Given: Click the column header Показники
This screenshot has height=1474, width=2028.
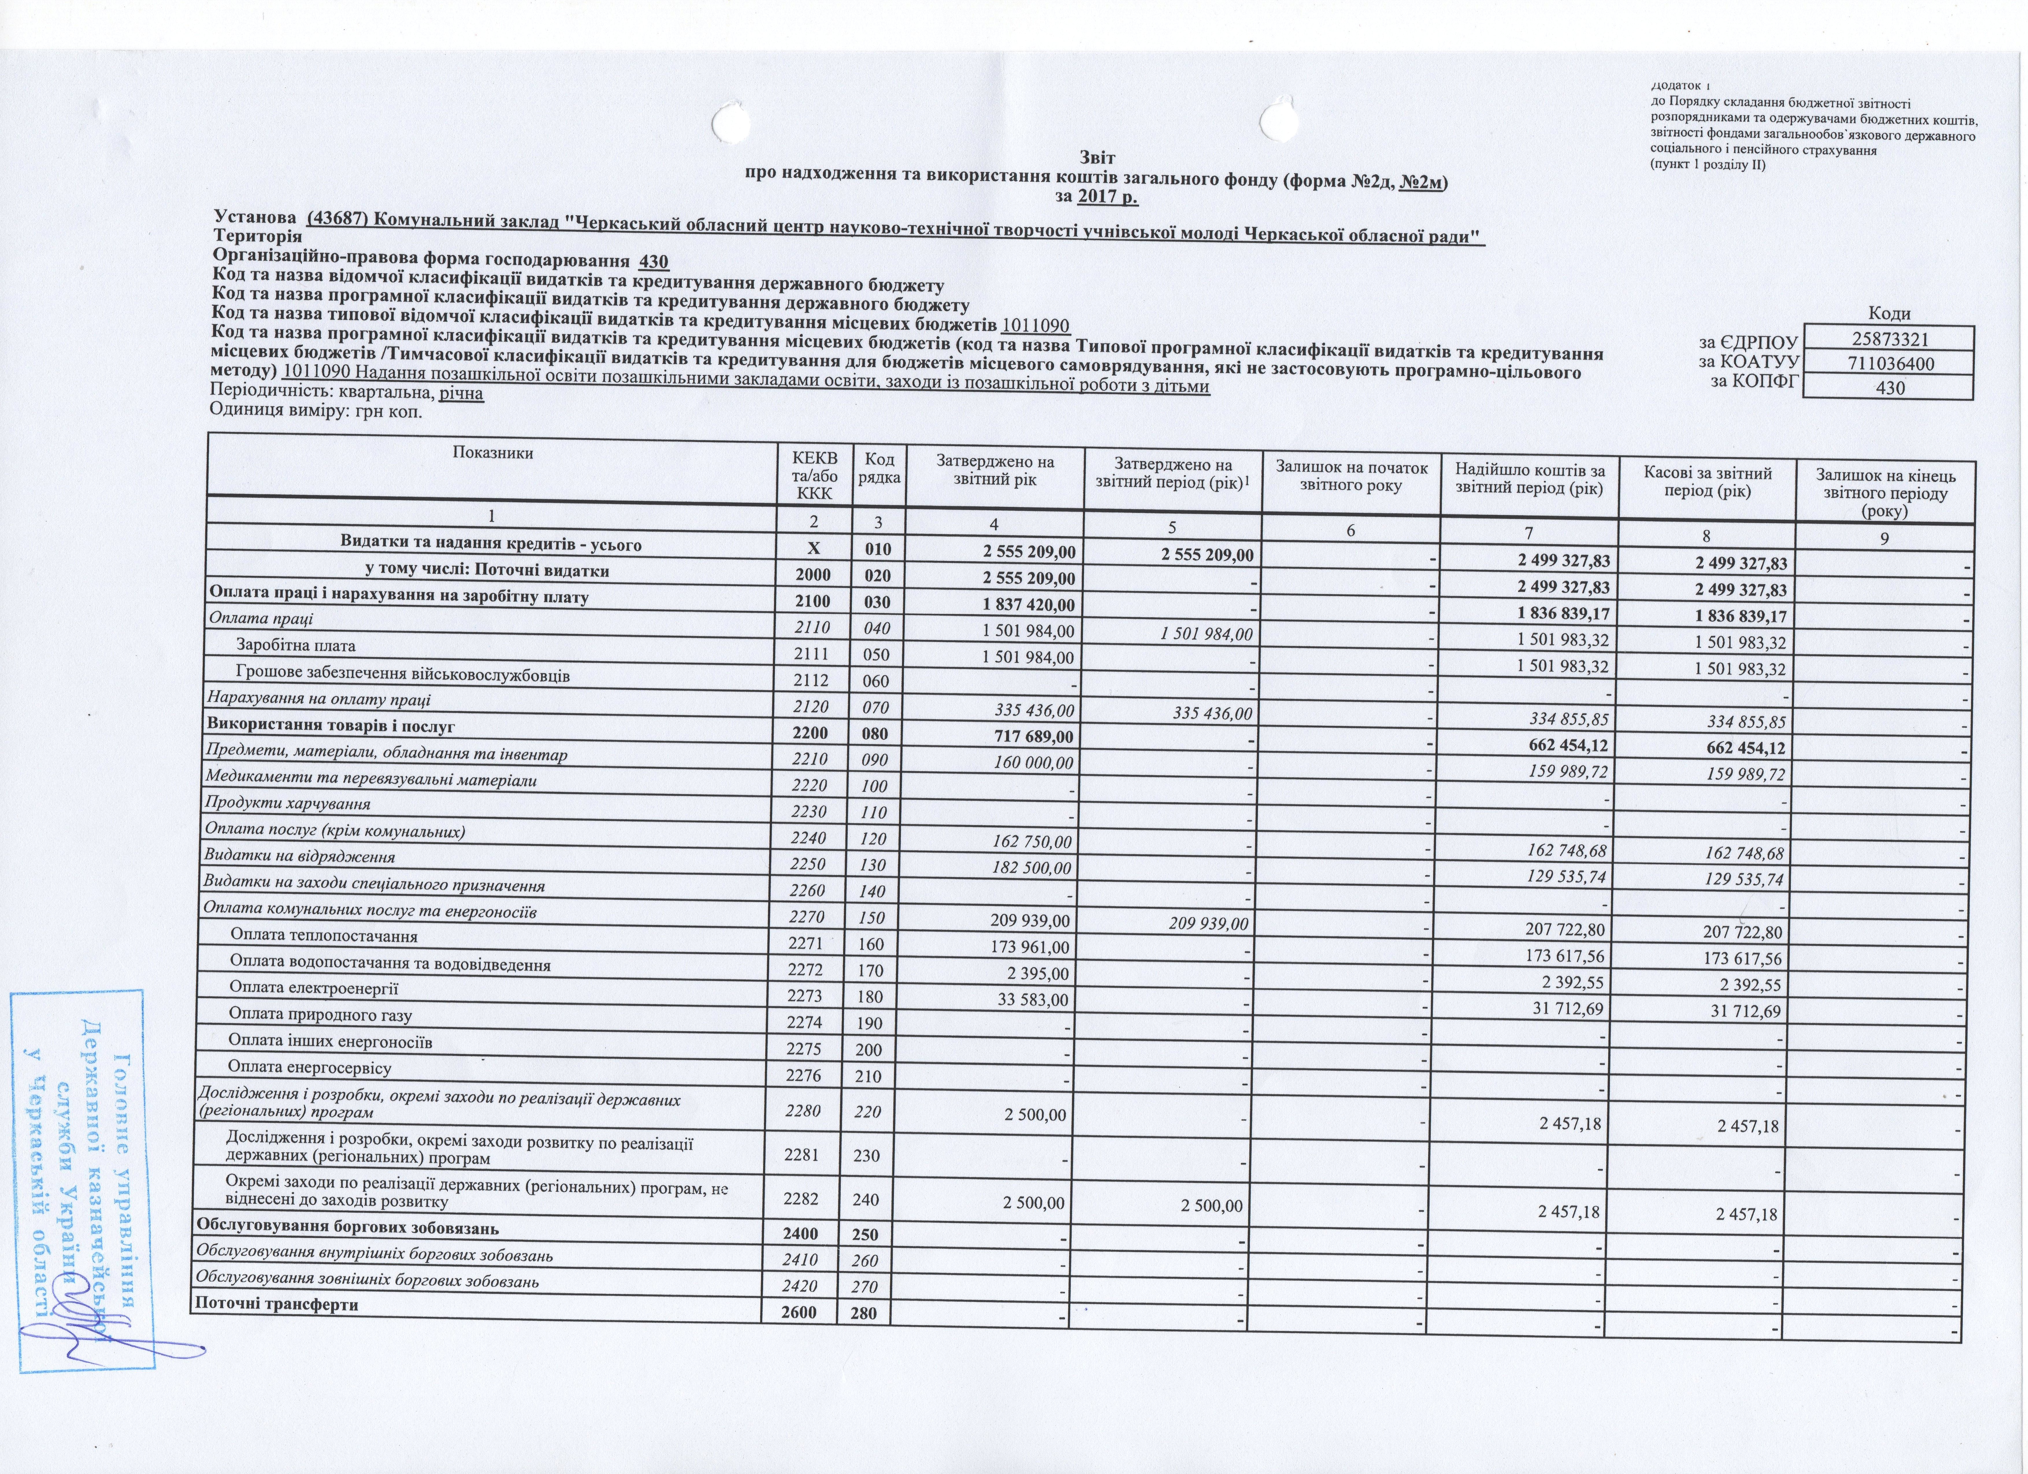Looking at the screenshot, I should coord(493,453).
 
